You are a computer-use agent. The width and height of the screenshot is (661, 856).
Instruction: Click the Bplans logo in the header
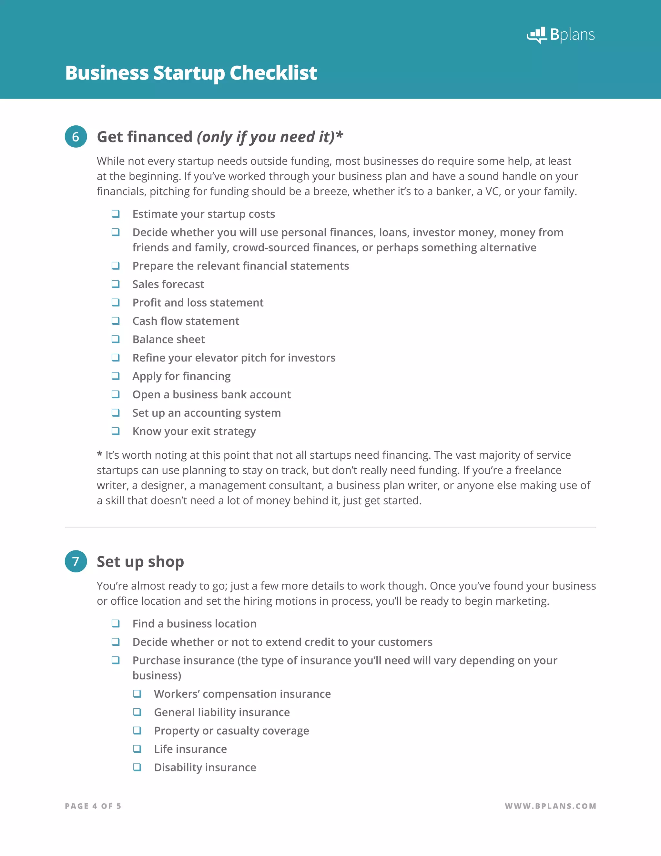[560, 35]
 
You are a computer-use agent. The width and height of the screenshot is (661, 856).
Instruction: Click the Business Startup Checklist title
[191, 73]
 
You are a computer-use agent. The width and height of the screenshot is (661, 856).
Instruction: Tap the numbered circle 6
[76, 137]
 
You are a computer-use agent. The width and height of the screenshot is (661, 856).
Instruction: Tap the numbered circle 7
[76, 561]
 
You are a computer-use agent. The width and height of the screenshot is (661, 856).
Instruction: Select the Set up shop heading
[140, 561]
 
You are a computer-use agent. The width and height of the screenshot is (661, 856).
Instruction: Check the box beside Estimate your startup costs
[116, 214]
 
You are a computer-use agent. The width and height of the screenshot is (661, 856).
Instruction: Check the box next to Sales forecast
[116, 284]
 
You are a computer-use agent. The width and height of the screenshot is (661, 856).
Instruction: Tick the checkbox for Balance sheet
[116, 339]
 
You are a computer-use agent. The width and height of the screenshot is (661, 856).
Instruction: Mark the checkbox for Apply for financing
[116, 376]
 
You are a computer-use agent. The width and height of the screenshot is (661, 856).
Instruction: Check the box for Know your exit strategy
[116, 431]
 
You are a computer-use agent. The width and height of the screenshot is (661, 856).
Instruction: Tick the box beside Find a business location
[116, 623]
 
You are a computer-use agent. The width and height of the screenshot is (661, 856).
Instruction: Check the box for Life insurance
[137, 749]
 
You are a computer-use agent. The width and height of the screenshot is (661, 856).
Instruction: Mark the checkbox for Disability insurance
[137, 767]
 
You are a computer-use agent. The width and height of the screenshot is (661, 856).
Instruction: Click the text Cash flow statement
[186, 321]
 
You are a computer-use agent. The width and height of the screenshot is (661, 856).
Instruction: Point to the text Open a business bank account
[211, 394]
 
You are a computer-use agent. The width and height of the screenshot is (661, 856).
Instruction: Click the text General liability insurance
[222, 712]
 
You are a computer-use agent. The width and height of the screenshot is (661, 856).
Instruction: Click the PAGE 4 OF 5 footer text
[93, 806]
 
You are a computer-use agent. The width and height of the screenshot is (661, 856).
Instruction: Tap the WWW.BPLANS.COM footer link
[550, 806]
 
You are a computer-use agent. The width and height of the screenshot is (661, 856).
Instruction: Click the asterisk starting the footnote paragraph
[99, 454]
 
